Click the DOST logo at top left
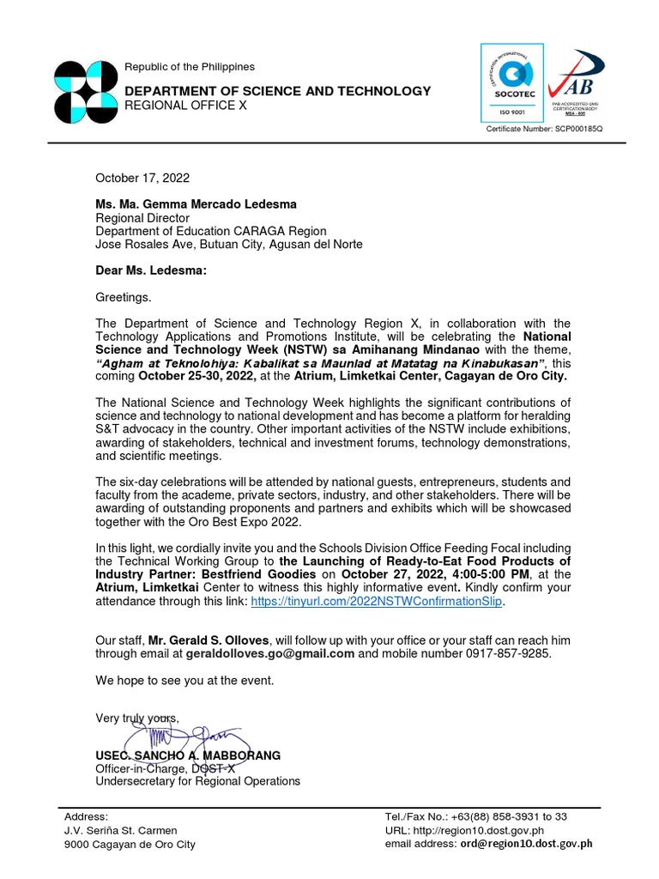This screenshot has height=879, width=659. click(x=85, y=93)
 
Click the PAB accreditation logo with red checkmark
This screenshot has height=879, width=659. click(x=575, y=86)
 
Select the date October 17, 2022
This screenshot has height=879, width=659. click(x=142, y=178)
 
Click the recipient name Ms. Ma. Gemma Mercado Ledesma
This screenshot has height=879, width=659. click(x=196, y=204)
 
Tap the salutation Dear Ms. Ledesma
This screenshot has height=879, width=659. click(x=150, y=270)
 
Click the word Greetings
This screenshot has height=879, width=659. click(x=123, y=297)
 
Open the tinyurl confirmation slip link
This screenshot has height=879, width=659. click(x=377, y=603)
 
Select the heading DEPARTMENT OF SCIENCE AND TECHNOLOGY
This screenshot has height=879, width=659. click(x=277, y=91)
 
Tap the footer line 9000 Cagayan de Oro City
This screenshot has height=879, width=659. click(x=130, y=844)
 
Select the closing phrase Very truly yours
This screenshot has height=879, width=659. click(x=137, y=718)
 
